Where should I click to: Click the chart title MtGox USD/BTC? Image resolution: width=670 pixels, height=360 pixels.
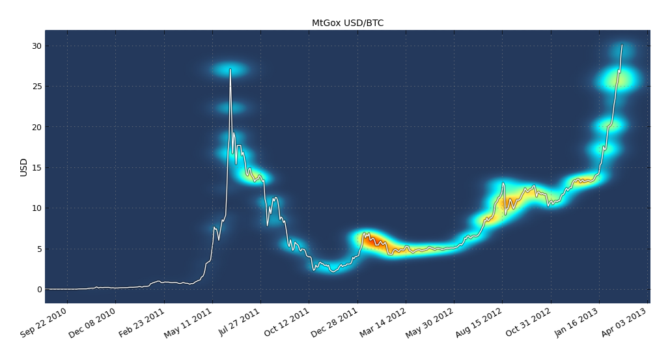348,23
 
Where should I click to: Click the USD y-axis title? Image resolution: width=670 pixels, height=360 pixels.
24,167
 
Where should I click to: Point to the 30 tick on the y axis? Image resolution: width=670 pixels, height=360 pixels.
36,46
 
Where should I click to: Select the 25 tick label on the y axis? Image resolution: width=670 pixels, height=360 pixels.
36,87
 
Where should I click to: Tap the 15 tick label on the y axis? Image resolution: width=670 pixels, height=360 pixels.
36,168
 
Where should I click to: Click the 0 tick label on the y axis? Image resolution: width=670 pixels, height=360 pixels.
39,290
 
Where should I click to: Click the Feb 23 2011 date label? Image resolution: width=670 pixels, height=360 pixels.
142,323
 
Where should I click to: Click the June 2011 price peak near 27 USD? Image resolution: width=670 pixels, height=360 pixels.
230,69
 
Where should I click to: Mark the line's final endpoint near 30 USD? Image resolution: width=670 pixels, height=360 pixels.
622,45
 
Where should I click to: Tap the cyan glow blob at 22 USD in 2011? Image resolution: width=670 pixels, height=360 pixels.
230,108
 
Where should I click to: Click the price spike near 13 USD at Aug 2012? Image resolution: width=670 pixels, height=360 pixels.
503,183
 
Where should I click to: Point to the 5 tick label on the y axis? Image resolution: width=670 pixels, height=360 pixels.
39,249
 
